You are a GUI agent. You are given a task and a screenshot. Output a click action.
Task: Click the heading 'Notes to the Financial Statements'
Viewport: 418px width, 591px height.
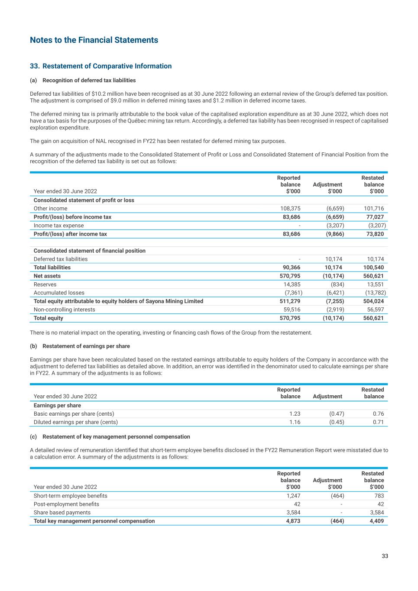[94, 40]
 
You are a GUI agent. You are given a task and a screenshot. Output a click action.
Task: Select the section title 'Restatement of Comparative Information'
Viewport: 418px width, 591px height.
[107, 66]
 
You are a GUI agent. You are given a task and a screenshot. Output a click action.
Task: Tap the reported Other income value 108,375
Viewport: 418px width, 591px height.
[290, 209]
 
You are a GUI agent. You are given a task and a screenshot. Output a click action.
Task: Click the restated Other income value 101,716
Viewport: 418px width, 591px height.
[374, 209]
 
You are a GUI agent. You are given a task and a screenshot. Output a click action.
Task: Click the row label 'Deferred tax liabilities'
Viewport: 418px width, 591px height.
[61, 259]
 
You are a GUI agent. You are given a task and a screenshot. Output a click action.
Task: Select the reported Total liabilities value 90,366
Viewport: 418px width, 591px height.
[291, 268]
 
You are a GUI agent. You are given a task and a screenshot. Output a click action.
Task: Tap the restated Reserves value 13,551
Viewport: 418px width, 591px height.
[375, 284]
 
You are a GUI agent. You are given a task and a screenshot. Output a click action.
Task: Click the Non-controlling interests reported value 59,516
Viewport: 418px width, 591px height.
[291, 310]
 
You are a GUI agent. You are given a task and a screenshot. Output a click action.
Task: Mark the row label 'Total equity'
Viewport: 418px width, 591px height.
[49, 318]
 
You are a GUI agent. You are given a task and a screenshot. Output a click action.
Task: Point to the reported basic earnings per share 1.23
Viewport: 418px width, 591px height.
[295, 414]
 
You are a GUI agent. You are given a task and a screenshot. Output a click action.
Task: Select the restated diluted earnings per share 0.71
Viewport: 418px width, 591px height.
[378, 422]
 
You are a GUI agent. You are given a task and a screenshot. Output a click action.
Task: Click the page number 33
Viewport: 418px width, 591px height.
[385, 556]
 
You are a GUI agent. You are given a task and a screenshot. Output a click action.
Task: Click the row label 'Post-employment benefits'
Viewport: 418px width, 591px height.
[66, 504]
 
